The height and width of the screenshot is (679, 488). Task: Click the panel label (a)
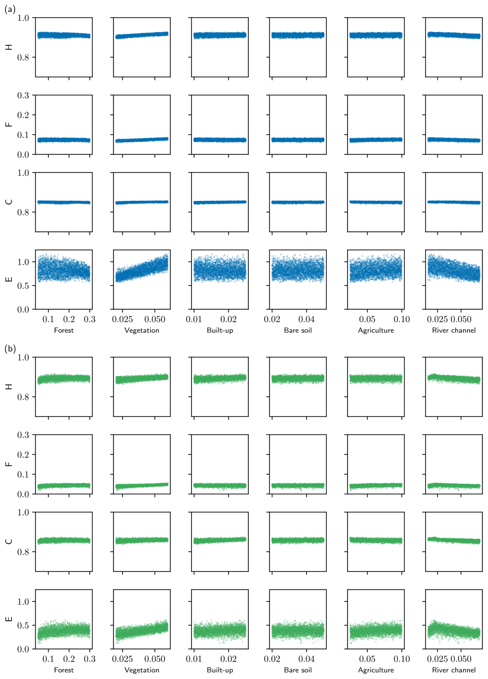click(10, 10)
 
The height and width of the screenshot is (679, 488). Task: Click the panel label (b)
click(10, 349)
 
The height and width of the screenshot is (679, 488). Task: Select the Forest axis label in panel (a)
click(63, 330)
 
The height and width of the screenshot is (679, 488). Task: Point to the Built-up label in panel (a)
click(220, 330)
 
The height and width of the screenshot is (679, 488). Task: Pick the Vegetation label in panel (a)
click(142, 330)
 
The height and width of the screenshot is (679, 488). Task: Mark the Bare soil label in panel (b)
click(298, 670)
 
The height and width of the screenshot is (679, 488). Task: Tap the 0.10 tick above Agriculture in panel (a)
click(401, 319)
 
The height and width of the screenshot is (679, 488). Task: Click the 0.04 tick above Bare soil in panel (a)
click(306, 319)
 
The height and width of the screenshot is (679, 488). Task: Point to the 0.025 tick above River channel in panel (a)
click(437, 319)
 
